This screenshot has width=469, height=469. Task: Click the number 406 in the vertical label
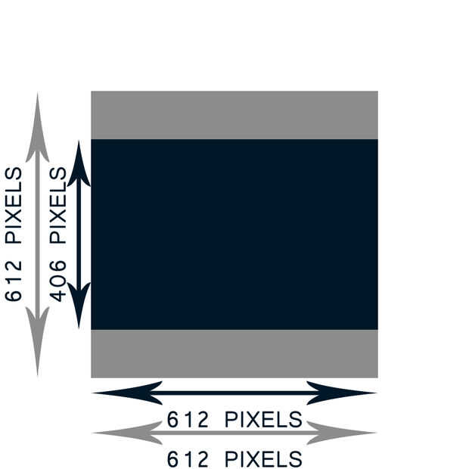58,281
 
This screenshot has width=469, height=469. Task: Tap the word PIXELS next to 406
58,206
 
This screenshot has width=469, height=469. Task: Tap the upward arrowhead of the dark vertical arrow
79,166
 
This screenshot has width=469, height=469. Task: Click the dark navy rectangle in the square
234,234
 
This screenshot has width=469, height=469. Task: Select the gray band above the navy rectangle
234,115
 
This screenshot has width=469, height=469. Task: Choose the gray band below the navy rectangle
234,353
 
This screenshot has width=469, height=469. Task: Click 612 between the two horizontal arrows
188,419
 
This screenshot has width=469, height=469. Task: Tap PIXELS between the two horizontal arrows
264,419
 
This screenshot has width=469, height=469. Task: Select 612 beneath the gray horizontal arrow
188,459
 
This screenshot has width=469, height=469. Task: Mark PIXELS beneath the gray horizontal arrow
264,459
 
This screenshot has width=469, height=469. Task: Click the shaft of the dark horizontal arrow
234,393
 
